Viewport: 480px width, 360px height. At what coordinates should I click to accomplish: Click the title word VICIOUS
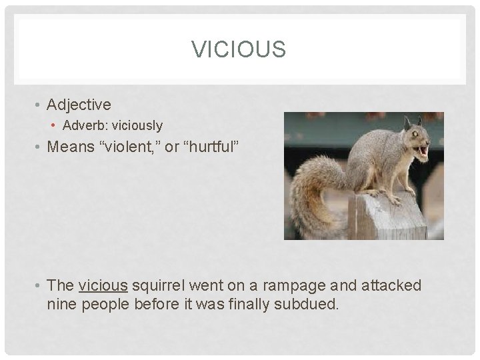click(239, 49)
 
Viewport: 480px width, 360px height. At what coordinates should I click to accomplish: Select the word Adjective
click(79, 105)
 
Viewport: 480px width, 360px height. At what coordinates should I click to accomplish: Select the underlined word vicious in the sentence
click(103, 286)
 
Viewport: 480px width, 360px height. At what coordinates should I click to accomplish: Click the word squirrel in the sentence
click(159, 286)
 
